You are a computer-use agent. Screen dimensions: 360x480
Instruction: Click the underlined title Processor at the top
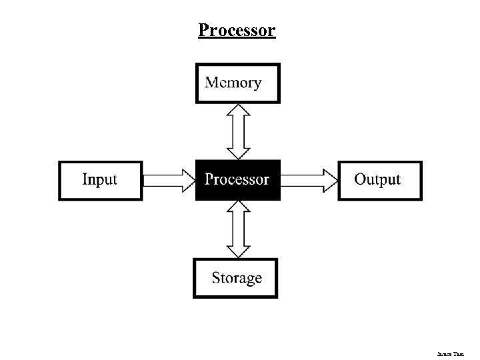pos(237,31)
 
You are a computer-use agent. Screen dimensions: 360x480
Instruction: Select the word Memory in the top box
pos(233,83)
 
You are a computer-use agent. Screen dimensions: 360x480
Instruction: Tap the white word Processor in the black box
pos(237,179)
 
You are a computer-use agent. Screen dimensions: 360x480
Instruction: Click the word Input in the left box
pos(99,179)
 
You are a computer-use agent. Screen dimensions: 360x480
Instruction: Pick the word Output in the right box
pos(377,179)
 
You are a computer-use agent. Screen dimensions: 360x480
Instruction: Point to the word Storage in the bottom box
pos(237,278)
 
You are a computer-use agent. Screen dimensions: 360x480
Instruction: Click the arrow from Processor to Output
pos(309,179)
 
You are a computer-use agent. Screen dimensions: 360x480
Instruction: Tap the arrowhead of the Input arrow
pos(187,179)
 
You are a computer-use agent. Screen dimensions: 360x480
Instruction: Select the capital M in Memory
pos(211,83)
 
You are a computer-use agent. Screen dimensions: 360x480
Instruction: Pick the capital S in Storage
pos(217,277)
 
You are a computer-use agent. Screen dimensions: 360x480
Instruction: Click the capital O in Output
pos(361,179)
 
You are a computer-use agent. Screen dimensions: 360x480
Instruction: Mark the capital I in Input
pos(85,179)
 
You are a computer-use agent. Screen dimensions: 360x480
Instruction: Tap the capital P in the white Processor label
pos(209,179)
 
